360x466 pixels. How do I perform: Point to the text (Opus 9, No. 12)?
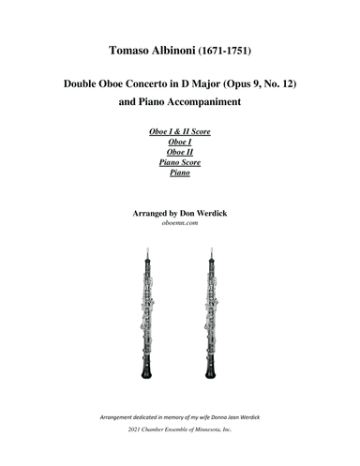point(254,85)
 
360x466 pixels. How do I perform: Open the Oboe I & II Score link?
point(179,133)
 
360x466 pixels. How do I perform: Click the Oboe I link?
point(179,146)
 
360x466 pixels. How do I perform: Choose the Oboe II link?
point(179,160)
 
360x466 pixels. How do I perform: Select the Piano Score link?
point(179,173)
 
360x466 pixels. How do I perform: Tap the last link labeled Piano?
point(179,187)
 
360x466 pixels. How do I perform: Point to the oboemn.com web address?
point(180,225)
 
